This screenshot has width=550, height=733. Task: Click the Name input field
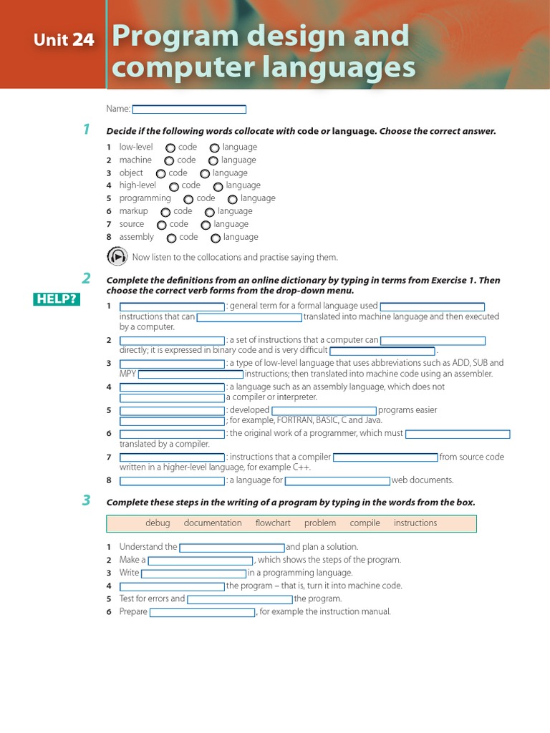(189, 110)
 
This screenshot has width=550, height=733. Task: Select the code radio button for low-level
(170, 148)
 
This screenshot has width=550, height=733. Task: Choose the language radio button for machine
(213, 161)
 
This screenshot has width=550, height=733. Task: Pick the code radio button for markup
(165, 213)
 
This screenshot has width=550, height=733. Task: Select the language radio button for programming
(233, 200)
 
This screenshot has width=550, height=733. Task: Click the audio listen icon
(117, 256)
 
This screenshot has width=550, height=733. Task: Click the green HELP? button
(56, 298)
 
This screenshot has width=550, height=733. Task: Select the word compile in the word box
(365, 523)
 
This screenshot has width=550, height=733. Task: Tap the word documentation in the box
(213, 523)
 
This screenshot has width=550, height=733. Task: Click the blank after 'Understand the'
(232, 548)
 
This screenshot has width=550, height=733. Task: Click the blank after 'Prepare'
(202, 612)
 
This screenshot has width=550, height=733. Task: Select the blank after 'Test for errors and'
(240, 599)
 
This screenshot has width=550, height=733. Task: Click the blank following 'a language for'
(337, 481)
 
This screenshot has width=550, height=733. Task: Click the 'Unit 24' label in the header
(64, 40)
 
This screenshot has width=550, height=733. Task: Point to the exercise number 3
(86, 500)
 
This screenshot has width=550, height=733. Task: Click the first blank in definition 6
(172, 434)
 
